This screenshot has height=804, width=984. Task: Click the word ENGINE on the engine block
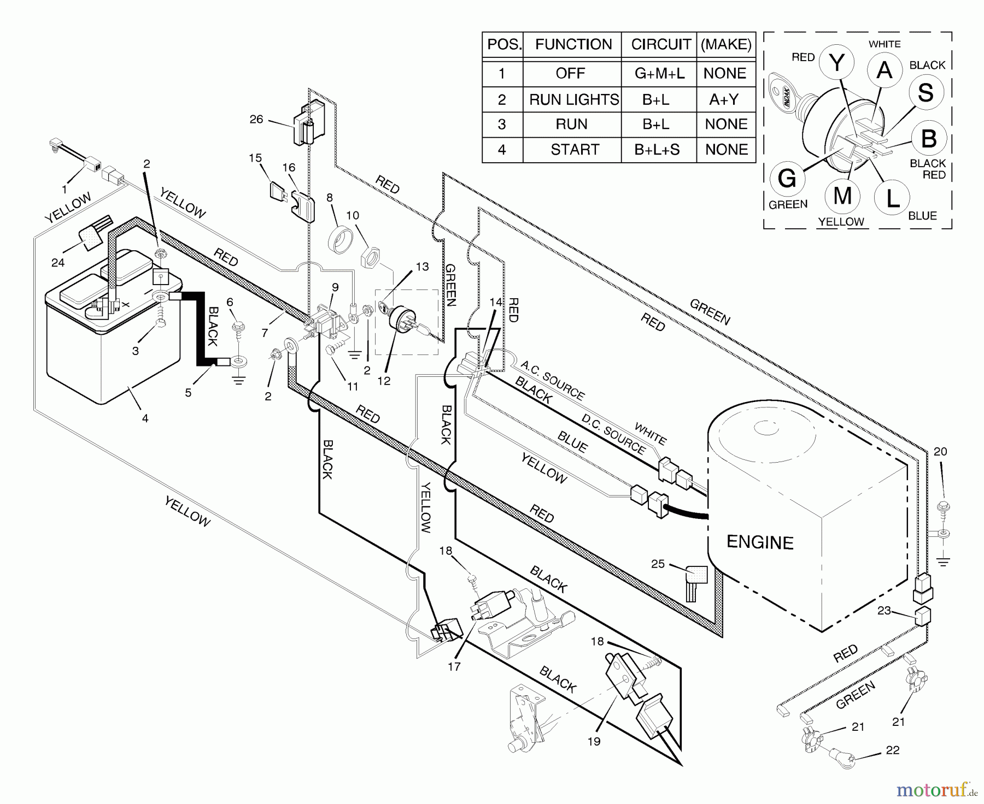point(760,542)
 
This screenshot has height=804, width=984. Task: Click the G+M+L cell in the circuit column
point(659,74)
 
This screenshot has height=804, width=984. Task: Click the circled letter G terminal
point(787,179)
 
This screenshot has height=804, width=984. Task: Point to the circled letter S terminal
point(926,92)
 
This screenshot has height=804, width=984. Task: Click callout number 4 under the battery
point(145,419)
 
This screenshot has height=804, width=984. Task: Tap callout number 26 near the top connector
point(256,119)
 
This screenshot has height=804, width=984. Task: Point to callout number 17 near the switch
point(454,666)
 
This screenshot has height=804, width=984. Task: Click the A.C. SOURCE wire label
point(553,380)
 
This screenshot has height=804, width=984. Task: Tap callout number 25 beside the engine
point(658,563)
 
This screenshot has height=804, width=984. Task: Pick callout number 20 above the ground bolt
point(940,452)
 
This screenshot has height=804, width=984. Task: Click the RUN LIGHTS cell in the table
point(573,99)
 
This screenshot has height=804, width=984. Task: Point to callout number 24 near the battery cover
point(57,263)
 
